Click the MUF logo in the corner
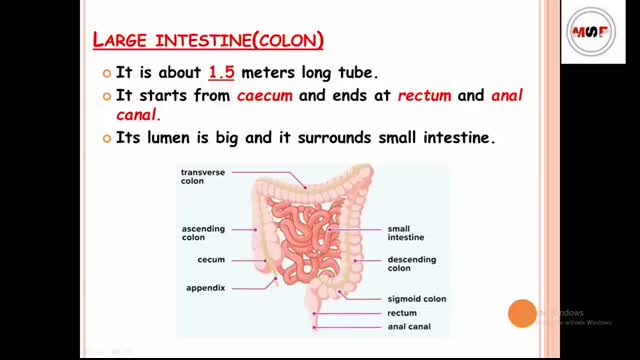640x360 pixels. (592, 33)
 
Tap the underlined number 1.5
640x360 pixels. (221, 73)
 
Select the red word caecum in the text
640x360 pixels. (263, 96)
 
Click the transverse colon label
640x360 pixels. (201, 177)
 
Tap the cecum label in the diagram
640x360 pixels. (211, 260)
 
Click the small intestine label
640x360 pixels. (404, 233)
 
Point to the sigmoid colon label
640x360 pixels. (416, 298)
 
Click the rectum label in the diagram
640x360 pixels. (401, 313)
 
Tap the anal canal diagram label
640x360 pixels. (409, 326)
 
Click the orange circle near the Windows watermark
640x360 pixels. (522, 314)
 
